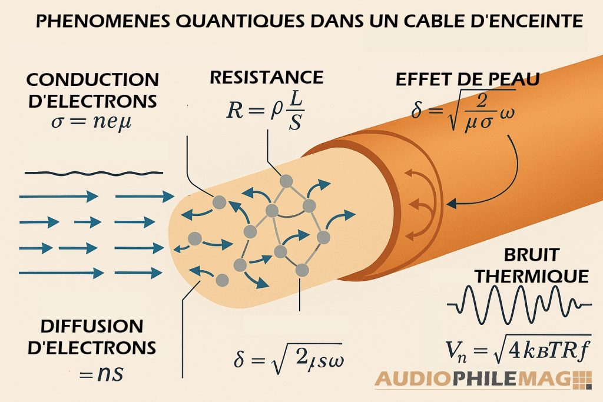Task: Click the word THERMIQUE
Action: pos(531,276)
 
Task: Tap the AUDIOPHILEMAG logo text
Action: pos(465,380)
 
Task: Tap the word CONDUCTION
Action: pos(92,79)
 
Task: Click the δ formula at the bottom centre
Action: pos(289,358)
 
